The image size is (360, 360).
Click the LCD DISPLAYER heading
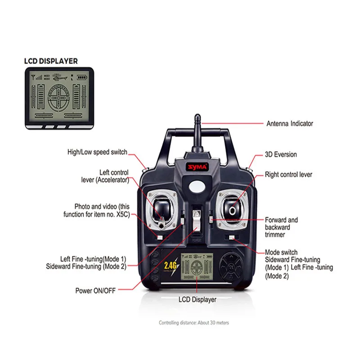(50, 61)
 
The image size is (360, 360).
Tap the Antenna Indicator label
(289, 123)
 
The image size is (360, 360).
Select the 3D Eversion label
(280, 154)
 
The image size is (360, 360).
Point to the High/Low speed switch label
(97, 152)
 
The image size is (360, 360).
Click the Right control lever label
(288, 174)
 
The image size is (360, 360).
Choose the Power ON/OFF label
(95, 290)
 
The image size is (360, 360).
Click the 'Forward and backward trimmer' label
(281, 227)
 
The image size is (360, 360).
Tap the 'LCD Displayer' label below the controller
(198, 299)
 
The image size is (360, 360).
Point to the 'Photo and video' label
(102, 210)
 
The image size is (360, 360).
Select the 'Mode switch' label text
(281, 252)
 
